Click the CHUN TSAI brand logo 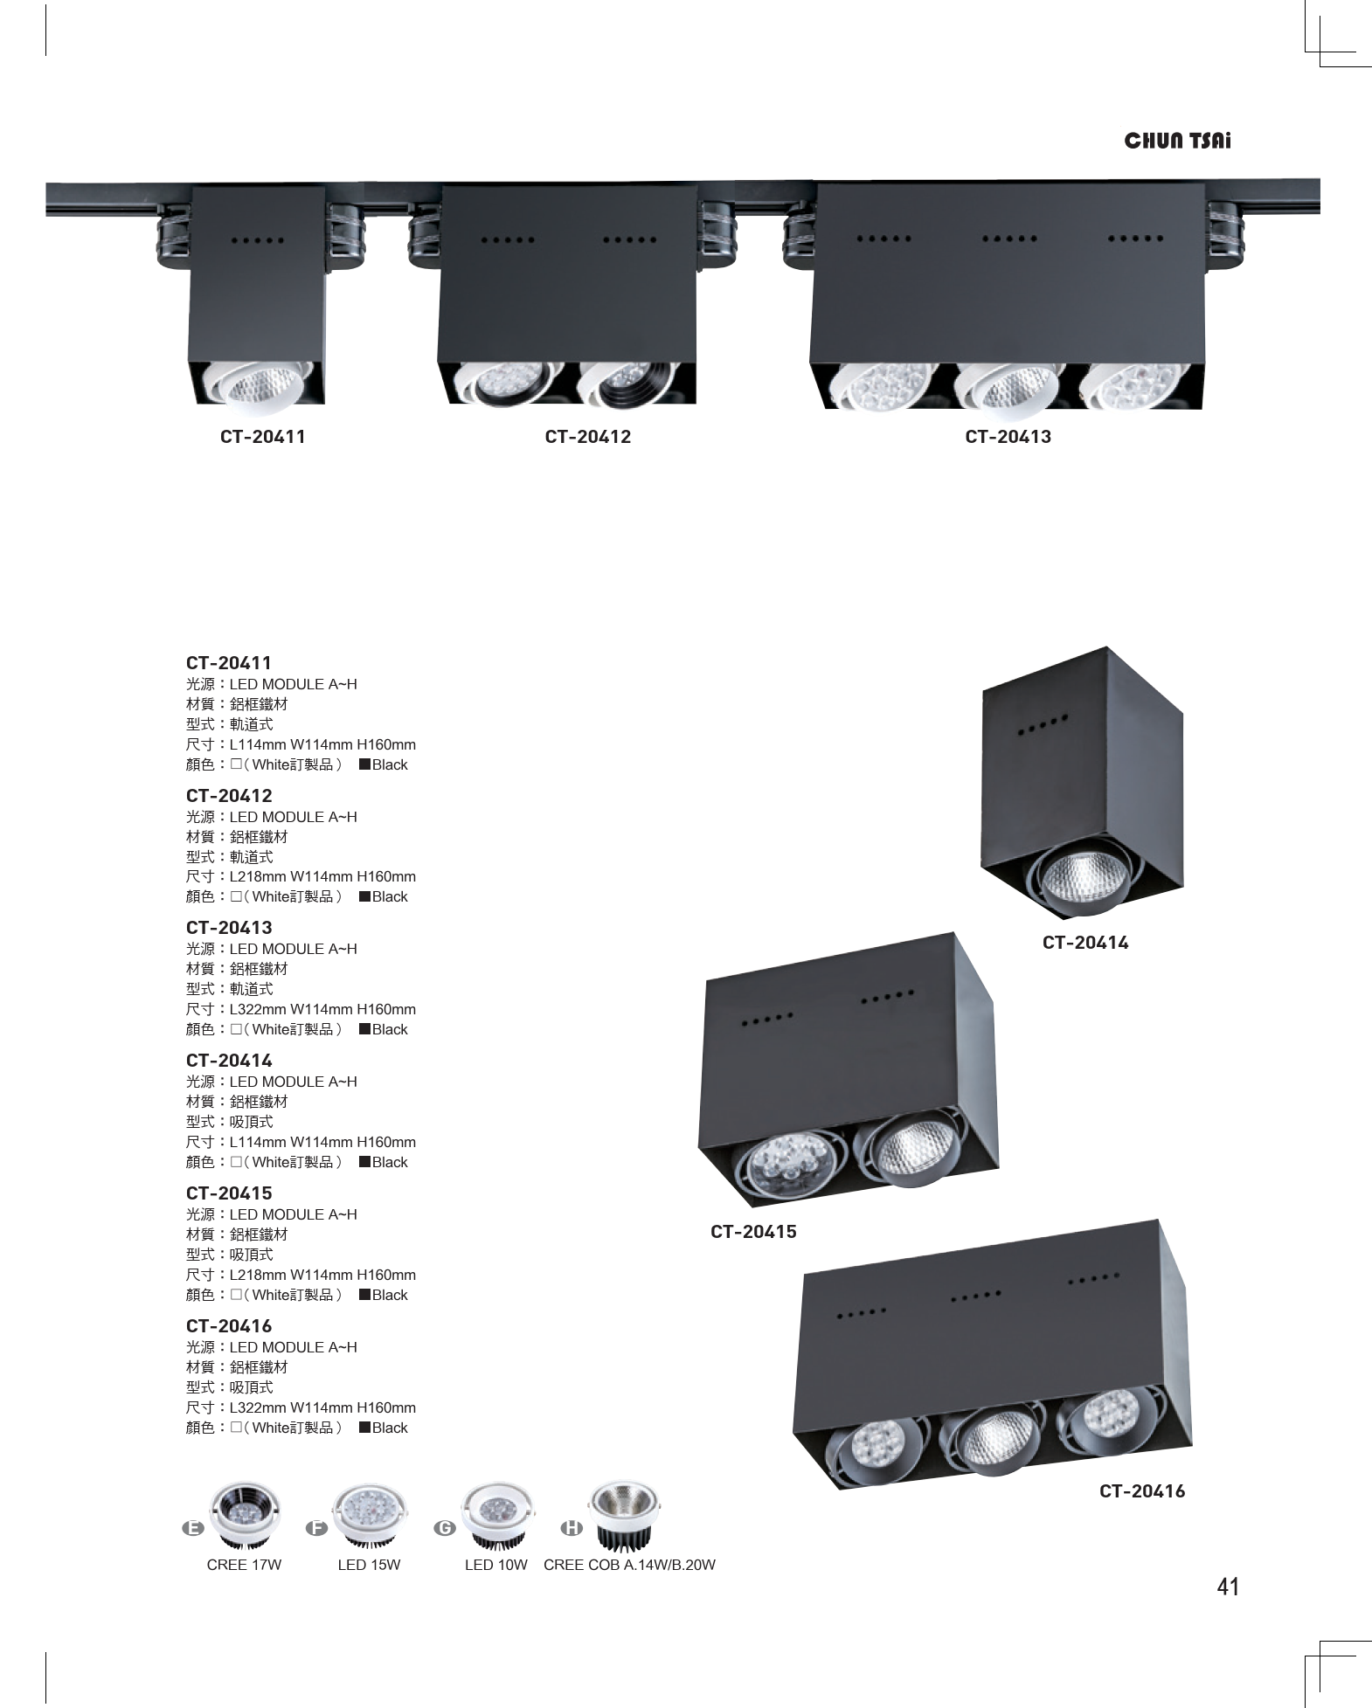pyautogui.click(x=1176, y=141)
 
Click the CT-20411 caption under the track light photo pyautogui.click(x=262, y=436)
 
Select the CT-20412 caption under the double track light pyautogui.click(x=587, y=436)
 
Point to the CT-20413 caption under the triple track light pyautogui.click(x=1008, y=436)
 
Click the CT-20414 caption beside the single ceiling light pyautogui.click(x=1085, y=942)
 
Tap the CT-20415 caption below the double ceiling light pyautogui.click(x=753, y=1231)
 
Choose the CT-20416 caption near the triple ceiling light pyautogui.click(x=1142, y=1490)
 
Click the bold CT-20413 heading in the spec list pyautogui.click(x=229, y=927)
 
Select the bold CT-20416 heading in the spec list pyautogui.click(x=229, y=1325)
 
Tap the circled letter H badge pyautogui.click(x=571, y=1528)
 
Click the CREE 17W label pyautogui.click(x=244, y=1565)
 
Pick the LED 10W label pyautogui.click(x=495, y=1565)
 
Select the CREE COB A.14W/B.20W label pyautogui.click(x=629, y=1565)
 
